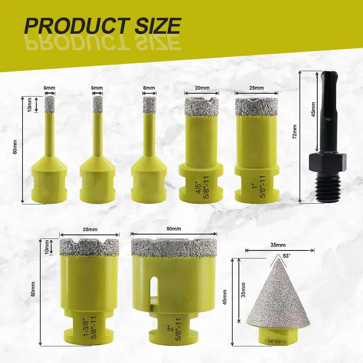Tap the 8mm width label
[149, 88]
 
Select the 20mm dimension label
[202, 88]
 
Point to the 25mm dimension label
[256, 88]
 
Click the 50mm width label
[174, 229]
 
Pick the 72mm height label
[294, 131]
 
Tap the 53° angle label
[287, 256]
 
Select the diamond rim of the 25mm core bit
[256, 106]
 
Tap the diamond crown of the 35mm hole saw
[90, 247]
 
